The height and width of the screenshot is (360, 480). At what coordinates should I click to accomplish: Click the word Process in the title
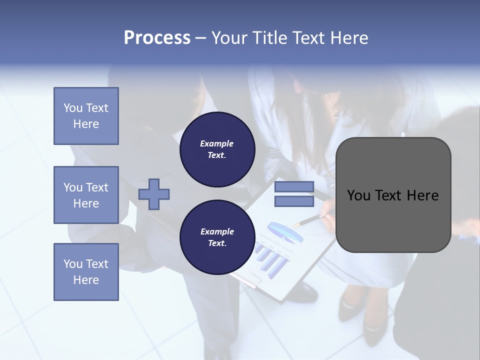[157, 38]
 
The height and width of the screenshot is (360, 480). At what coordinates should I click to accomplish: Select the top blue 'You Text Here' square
[86, 116]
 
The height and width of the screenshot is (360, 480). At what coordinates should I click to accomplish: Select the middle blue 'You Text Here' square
[86, 195]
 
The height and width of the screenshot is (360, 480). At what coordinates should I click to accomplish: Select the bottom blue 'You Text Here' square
[86, 272]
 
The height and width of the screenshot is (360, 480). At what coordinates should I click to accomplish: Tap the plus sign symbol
[154, 194]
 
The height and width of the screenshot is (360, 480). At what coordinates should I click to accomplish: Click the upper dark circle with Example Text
[217, 149]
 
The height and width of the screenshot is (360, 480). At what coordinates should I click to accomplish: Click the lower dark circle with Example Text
[217, 237]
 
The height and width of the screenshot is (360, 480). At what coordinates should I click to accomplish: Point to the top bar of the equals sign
[294, 186]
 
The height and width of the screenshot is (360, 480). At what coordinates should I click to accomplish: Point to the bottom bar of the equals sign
[294, 201]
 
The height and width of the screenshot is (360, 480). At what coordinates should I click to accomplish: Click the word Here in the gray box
[422, 195]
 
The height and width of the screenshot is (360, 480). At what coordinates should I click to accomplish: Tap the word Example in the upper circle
[217, 143]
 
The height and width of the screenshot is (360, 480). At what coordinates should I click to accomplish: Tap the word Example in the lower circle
[217, 231]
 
